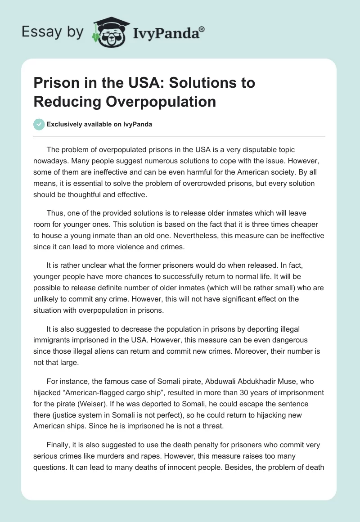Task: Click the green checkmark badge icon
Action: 39,124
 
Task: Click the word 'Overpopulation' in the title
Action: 161,101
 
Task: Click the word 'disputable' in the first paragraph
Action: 234,149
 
